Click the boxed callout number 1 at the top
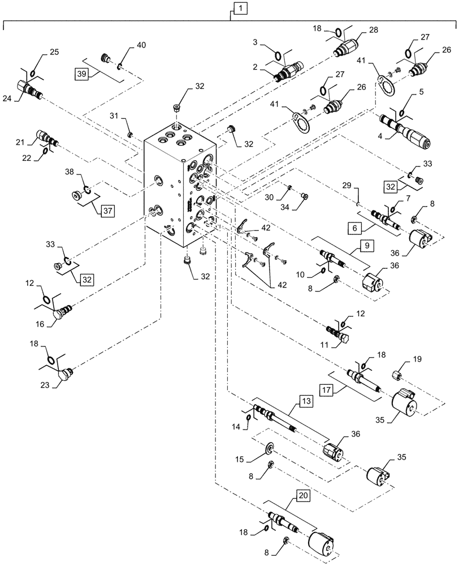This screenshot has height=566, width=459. click(240, 8)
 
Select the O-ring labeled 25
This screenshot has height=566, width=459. click(34, 72)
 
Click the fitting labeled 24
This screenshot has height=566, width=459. click(28, 89)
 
